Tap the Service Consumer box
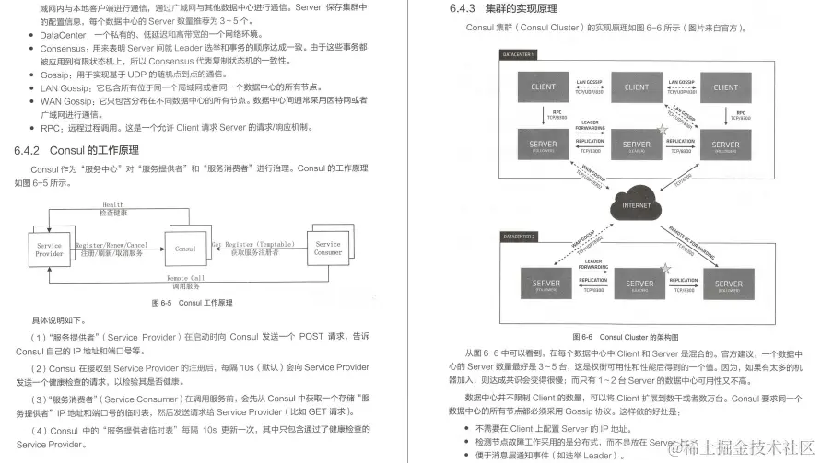pyautogui.click(x=327, y=249)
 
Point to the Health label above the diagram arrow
pyautogui.click(x=113, y=205)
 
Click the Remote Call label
pyautogui.click(x=186, y=277)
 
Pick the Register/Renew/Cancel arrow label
pyautogui.click(x=110, y=246)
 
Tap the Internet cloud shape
pyautogui.click(x=636, y=203)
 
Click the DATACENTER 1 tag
pyautogui.click(x=522, y=55)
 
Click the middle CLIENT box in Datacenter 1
pyautogui.click(x=637, y=87)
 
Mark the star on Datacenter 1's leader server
pyautogui.click(x=661, y=130)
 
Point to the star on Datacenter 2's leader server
pyautogui.click(x=664, y=267)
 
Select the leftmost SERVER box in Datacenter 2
pyautogui.click(x=547, y=283)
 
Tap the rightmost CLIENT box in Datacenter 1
pyautogui.click(x=725, y=87)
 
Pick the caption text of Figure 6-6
pyautogui.click(x=627, y=337)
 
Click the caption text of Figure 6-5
pyautogui.click(x=191, y=303)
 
